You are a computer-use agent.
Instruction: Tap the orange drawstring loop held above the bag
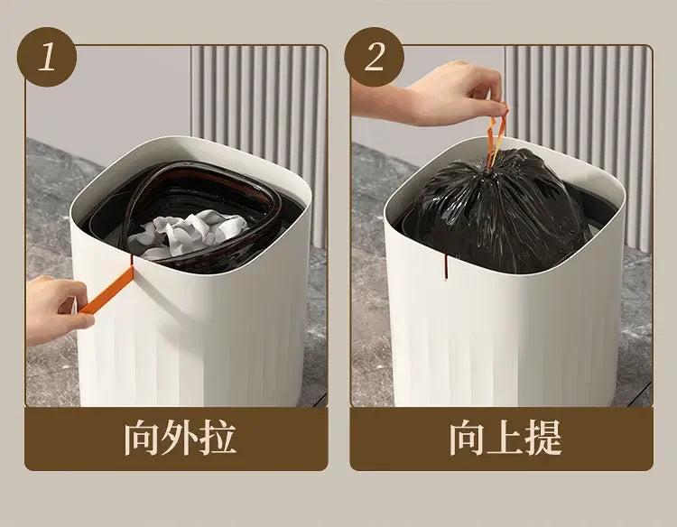497,134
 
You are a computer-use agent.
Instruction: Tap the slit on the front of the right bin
444,267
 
